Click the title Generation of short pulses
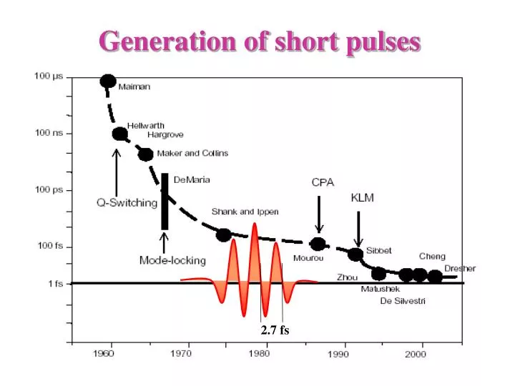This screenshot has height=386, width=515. click(x=260, y=41)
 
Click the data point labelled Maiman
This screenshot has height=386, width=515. click(x=108, y=81)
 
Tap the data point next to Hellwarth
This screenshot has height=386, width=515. click(x=119, y=134)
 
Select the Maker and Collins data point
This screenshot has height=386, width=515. click(x=145, y=154)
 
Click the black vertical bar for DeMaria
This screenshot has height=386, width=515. click(x=165, y=201)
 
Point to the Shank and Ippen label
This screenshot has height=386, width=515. click(x=245, y=212)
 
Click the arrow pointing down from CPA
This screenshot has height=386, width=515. click(x=319, y=213)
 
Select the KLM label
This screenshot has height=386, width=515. click(x=362, y=197)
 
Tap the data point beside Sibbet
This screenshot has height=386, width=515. click(x=355, y=254)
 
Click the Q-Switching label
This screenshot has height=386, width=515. click(x=127, y=202)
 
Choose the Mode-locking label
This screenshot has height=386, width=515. click(x=172, y=260)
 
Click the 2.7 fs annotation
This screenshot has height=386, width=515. click(x=275, y=330)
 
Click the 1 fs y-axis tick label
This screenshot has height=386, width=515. click(x=56, y=284)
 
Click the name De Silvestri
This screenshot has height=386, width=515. click(x=403, y=302)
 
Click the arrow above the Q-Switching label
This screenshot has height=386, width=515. click(x=116, y=172)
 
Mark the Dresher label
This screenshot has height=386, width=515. click(x=460, y=269)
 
